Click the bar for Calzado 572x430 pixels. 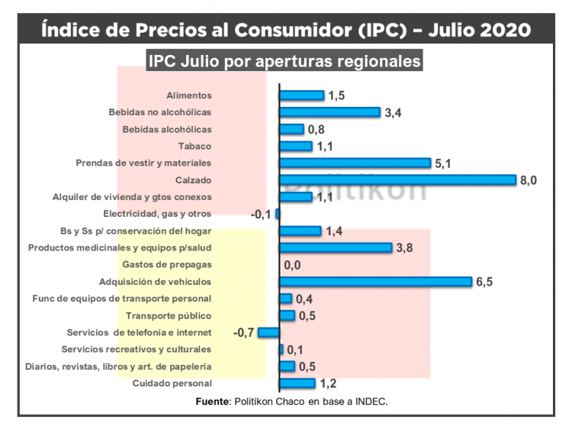398,179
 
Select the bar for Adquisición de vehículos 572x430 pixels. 376,282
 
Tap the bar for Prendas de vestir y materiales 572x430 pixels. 355,163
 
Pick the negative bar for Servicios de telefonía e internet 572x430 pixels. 268,332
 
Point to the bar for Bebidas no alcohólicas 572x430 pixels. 329,112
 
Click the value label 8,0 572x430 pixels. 529,180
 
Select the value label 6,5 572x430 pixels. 485,282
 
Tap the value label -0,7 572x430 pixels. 244,332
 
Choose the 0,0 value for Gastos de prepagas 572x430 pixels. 293,266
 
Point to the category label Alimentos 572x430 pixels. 188,95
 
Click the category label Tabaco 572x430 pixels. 195,146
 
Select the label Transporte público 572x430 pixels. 169,315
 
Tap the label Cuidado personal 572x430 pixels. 172,383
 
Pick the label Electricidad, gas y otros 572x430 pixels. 157,214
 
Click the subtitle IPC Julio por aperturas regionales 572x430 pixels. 285,60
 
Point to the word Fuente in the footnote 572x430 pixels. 211,401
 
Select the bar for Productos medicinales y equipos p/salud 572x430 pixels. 336,248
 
